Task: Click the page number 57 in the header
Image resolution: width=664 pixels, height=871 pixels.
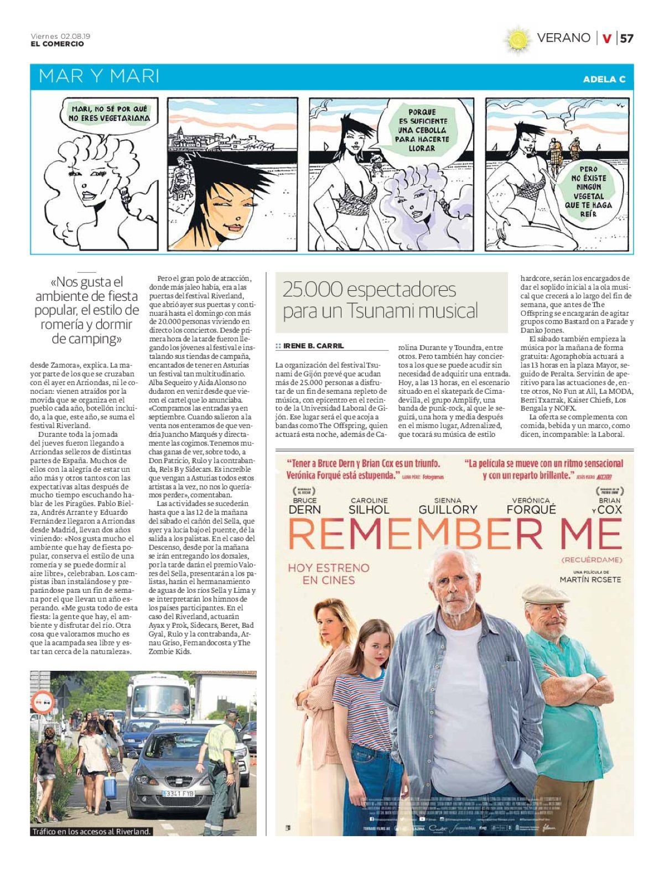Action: coord(626,38)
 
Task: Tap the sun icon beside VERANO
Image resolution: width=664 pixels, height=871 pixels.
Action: coord(517,39)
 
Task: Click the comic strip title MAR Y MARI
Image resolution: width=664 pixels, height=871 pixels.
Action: coord(99,76)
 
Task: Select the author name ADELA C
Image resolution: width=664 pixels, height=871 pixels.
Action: coord(604,79)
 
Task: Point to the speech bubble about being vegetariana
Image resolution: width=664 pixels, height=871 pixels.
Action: coord(109,114)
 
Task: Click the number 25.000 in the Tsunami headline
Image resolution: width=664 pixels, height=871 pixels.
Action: coord(313,290)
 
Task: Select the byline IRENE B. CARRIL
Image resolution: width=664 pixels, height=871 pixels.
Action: coord(313,346)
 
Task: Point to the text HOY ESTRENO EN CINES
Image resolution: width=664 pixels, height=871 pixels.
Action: coord(328,574)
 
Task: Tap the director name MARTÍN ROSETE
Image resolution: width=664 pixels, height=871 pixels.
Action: coord(590,580)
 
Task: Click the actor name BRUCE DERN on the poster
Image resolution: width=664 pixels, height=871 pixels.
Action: coord(304,505)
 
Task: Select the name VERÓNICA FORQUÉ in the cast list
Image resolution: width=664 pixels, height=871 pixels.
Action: coord(531,505)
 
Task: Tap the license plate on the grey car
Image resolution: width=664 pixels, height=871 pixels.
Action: coord(178,792)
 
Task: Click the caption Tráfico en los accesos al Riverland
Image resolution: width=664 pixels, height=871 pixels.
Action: coord(91,831)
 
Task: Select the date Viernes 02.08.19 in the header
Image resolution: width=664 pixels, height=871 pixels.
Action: coord(60,36)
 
